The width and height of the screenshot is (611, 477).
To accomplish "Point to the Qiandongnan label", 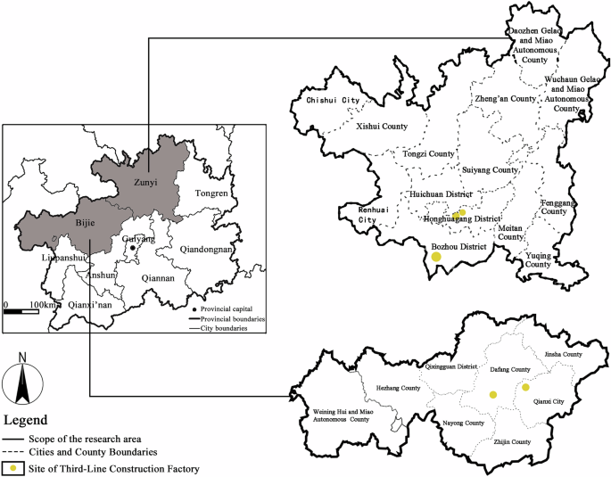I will pyautogui.click(x=206, y=250).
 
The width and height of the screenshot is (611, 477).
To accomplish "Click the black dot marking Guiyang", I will pyautogui.click(x=134, y=249).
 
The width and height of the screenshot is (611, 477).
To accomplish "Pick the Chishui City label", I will pyautogui.click(x=333, y=101).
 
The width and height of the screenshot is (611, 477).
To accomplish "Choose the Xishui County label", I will pyautogui.click(x=381, y=127).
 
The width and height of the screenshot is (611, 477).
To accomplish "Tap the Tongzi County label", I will pyautogui.click(x=429, y=154).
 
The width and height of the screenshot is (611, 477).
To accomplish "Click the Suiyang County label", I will pyautogui.click(x=491, y=169).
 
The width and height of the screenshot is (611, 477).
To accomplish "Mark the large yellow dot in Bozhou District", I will pyautogui.click(x=436, y=257).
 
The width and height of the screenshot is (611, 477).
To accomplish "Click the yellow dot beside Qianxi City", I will pyautogui.click(x=526, y=387).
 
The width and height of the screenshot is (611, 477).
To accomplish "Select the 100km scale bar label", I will pyautogui.click(x=44, y=306).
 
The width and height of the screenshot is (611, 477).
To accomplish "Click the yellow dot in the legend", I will pyautogui.click(x=13, y=468).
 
